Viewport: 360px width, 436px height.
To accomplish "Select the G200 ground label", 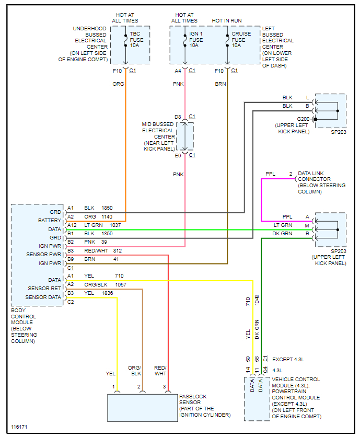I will pos(304,119).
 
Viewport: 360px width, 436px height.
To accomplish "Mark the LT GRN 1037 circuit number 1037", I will pos(115,225).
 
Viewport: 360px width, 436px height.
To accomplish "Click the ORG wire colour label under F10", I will pos(118,84).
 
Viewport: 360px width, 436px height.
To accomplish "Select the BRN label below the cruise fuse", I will pos(219,84).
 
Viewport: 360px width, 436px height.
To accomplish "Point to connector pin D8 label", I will pos(178,116).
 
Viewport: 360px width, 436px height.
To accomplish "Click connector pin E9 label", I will pos(178,155).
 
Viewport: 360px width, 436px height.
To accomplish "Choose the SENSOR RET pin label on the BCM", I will pos(44,289).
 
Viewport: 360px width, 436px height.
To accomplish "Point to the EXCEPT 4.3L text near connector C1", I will pos(288,360).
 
